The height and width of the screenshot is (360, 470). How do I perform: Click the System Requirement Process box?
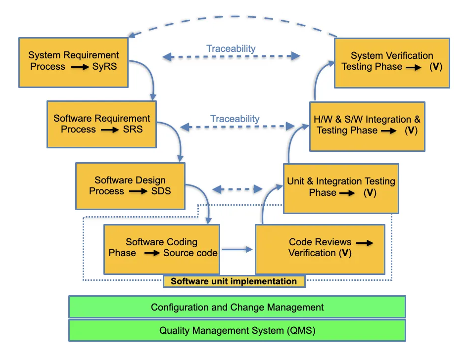click(73, 61)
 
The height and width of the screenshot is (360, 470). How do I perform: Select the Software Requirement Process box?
click(101, 124)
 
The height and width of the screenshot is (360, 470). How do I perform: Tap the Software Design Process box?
click(130, 186)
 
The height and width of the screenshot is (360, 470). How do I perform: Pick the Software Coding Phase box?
click(161, 248)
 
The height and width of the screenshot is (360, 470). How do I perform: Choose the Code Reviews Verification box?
click(320, 249)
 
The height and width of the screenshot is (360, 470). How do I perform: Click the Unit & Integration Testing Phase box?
click(341, 188)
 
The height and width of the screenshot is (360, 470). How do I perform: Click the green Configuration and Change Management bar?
click(237, 307)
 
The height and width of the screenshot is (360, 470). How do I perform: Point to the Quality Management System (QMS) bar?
click(237, 330)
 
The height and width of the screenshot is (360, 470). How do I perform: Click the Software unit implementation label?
click(234, 281)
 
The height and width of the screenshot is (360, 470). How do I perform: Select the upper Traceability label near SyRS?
click(231, 48)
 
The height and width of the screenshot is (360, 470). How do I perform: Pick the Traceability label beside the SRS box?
click(235, 119)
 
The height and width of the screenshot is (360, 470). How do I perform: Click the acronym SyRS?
click(104, 67)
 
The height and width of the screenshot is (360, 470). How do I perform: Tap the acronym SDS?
click(161, 191)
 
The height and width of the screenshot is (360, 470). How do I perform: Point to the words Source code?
click(190, 253)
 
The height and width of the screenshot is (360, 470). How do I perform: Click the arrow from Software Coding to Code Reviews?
click(237, 250)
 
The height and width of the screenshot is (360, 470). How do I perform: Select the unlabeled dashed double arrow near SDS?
click(237, 189)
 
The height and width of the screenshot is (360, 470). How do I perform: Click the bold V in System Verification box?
click(435, 67)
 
